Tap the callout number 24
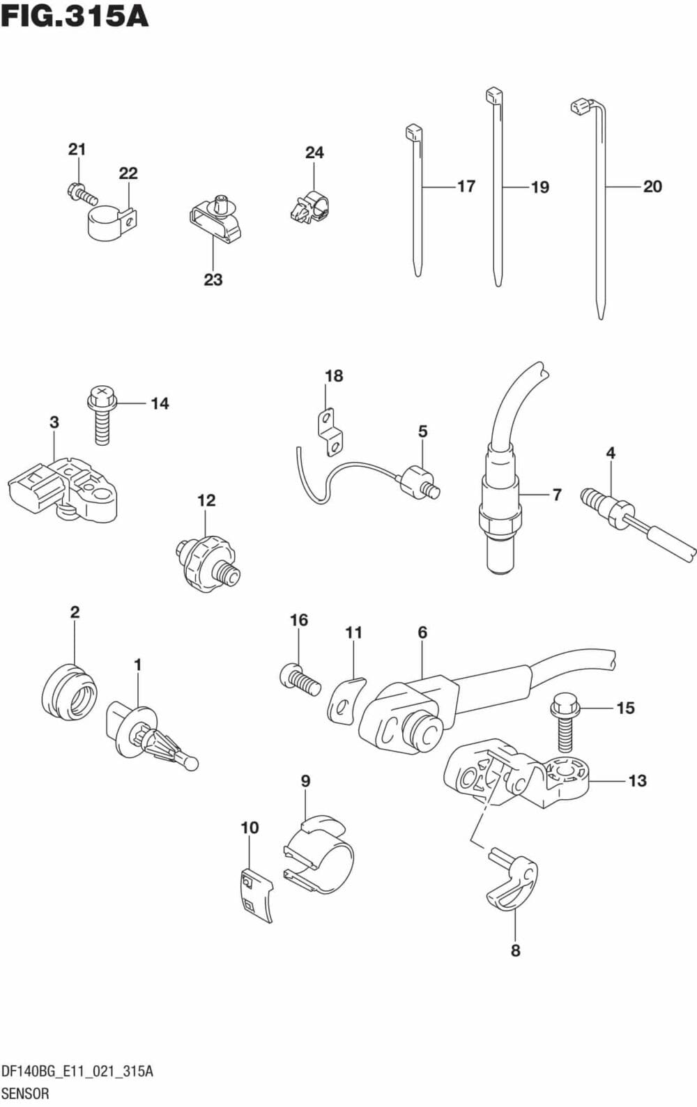[314, 153]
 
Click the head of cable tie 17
[413, 132]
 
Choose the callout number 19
[539, 187]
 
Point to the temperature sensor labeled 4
[620, 516]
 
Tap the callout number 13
[637, 781]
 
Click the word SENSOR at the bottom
[26, 1093]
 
